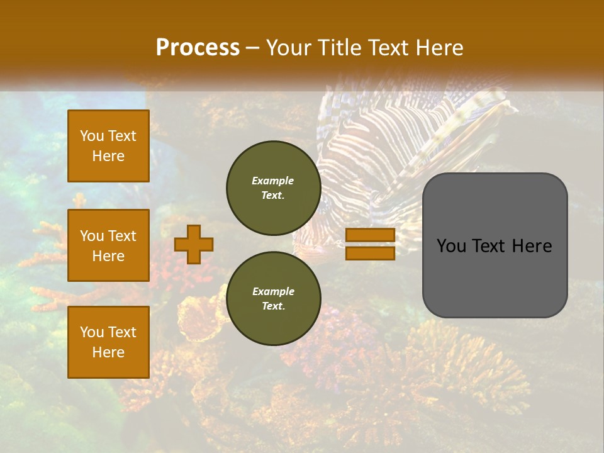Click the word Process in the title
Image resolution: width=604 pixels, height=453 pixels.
198,48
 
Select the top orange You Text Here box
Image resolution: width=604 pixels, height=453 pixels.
108,146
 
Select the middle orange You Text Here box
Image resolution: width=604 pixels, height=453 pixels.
108,245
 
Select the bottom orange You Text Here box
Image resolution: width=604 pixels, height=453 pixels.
108,342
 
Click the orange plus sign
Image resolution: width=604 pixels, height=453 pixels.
194,244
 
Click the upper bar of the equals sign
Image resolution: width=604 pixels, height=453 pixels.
370,235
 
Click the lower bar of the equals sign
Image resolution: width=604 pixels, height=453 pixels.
370,253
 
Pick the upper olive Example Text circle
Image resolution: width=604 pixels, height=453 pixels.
273,187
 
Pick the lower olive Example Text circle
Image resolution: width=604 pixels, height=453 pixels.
273,298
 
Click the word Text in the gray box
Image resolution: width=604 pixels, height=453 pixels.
495,246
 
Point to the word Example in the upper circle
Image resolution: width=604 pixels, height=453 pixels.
273,181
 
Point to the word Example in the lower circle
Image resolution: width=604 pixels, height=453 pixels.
273,291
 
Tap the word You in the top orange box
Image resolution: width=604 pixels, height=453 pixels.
92,136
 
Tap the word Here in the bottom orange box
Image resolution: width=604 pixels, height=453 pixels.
108,352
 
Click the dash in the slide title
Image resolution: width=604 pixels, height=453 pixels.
253,48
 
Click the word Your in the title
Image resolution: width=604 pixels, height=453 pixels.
289,48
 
